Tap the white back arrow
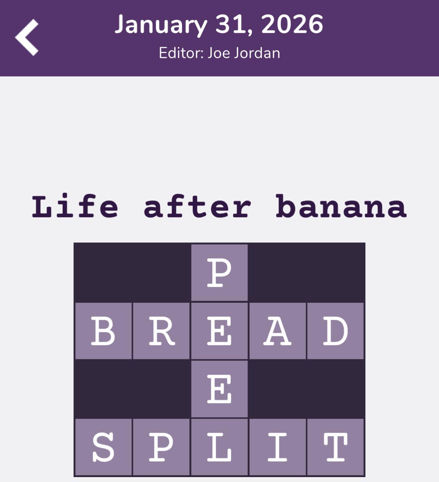(27, 37)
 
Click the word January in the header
(160, 25)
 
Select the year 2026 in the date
(292, 25)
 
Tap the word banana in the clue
(341, 207)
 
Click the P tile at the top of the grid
(219, 273)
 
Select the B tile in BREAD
(103, 331)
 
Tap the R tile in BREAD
(161, 331)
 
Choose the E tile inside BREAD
(219, 331)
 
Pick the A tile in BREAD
(277, 331)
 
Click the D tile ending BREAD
(335, 331)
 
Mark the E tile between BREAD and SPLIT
(219, 389)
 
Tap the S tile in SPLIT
(103, 447)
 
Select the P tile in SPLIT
(161, 447)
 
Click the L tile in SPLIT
(219, 447)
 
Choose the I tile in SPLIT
(277, 447)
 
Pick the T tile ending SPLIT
(335, 447)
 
